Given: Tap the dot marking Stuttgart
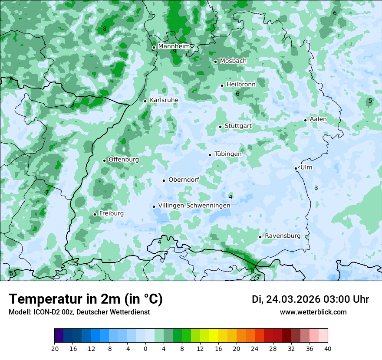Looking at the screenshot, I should tap(220, 127).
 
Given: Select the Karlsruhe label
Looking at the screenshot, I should tap(164, 100).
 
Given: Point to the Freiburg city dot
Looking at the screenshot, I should tap(95, 214).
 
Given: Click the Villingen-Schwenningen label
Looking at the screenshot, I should tap(194, 205).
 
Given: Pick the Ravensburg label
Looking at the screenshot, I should tap(283, 236).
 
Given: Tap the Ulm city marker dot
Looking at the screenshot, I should tap(296, 168).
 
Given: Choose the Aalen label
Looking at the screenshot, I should tap(318, 119).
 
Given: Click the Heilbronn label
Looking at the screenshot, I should tap(241, 85).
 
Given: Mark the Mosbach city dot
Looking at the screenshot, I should tap(215, 62).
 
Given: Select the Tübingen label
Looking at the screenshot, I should tap(228, 154).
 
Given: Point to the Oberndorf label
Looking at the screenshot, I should tap(184, 180).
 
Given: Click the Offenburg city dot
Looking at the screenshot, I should tap(104, 160).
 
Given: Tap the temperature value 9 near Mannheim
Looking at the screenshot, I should tap(175, 52).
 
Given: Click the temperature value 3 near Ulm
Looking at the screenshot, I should tap(316, 188).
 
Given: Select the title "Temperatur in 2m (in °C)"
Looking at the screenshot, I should tap(86, 299).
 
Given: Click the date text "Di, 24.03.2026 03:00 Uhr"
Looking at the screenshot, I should tap(310, 299).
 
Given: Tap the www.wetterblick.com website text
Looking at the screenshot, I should tap(313, 312).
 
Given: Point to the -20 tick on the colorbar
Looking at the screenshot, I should tap(54, 349).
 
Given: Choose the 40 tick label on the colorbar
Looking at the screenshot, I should tap(327, 349).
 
